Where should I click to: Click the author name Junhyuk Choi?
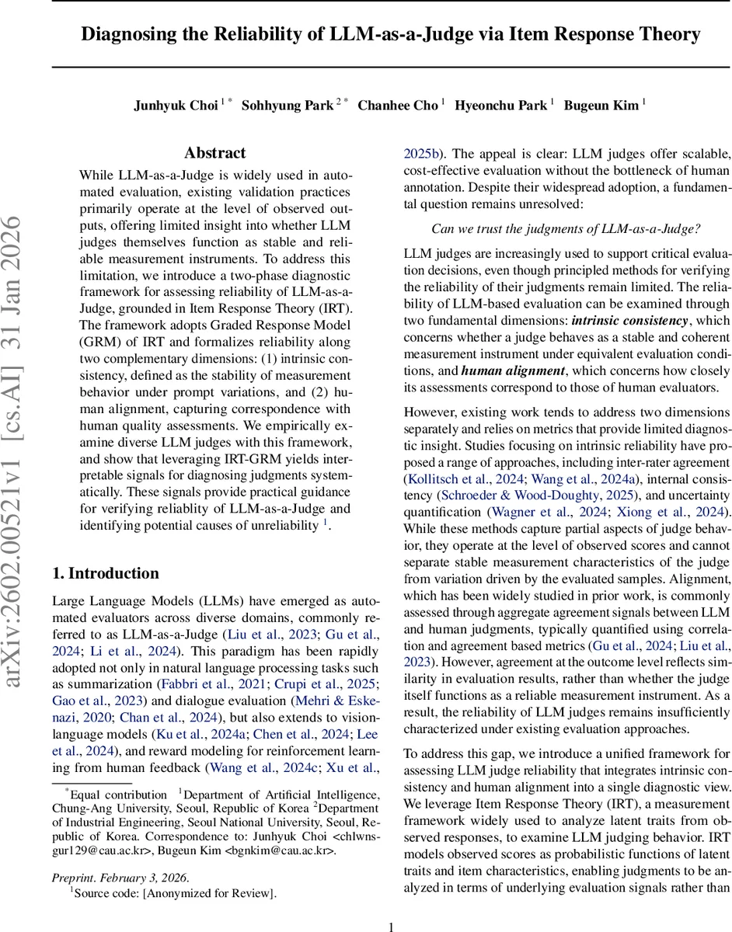point(175,106)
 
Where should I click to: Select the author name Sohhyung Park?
point(288,106)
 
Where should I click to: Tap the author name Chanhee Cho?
point(398,106)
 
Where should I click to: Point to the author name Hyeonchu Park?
point(501,106)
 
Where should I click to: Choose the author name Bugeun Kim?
point(601,106)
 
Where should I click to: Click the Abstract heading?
point(215,153)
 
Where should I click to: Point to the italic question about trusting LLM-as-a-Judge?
point(566,229)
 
